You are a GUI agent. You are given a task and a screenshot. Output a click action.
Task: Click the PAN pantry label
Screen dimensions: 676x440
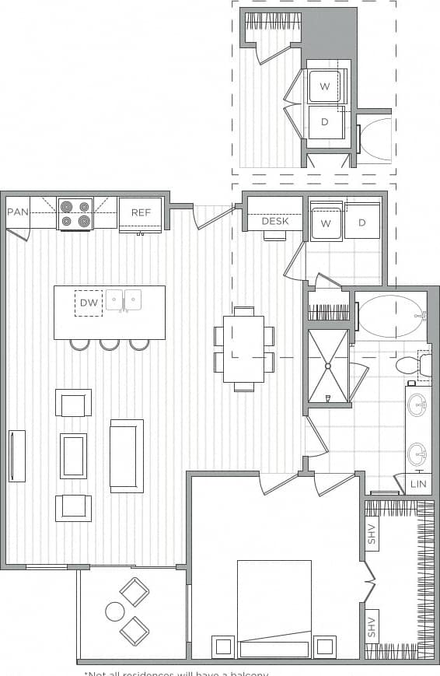pos(18,212)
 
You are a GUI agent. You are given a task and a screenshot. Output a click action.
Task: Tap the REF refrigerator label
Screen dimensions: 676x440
pos(141,212)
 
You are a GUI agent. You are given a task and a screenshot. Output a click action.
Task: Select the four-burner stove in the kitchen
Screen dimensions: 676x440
pos(75,214)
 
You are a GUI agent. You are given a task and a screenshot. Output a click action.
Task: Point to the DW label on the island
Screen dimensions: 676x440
pos(89,303)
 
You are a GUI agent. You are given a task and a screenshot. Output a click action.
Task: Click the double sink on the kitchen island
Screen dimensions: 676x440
pos(124,300)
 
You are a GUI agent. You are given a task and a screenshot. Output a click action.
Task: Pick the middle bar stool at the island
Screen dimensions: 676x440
pos(110,344)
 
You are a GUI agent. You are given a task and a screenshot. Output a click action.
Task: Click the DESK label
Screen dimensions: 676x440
pos(274,222)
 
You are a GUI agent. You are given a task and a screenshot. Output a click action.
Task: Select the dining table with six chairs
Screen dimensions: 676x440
pos(243,348)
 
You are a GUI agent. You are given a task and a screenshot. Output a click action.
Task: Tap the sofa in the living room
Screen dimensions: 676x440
pos(127,456)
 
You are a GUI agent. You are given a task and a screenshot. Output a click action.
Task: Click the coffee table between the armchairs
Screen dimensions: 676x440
pos(73,456)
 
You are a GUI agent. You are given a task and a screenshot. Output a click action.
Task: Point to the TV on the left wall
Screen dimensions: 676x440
pos(16,456)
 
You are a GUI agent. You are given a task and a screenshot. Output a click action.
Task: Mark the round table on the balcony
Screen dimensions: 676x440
pos(115,611)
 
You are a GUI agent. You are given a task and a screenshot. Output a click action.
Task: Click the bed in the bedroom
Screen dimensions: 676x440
pos(274,607)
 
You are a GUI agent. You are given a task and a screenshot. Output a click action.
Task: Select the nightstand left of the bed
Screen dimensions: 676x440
pos(223,646)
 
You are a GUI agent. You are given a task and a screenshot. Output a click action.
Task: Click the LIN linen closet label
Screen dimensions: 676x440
pos(417,484)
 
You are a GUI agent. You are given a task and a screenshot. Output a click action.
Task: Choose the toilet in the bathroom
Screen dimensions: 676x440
pos(410,365)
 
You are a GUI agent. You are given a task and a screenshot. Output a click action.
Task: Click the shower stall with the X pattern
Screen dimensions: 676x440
pos(328,366)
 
